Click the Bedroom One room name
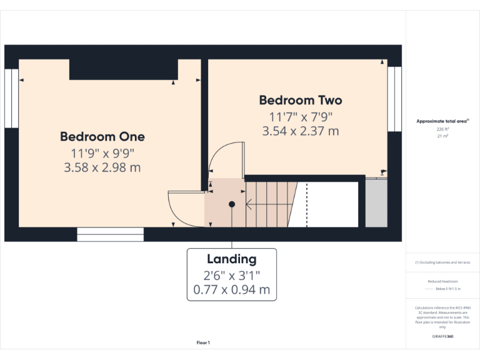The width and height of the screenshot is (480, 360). coord(102,136)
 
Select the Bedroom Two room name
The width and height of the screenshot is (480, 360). coord(301,100)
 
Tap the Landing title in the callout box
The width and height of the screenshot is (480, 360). coord(231,259)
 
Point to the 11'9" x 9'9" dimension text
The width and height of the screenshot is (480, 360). coord(102,152)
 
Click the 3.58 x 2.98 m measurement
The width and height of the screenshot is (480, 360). coord(102,167)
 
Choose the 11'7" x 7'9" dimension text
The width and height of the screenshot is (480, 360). coord(301,116)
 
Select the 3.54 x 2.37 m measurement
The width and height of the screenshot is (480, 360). coord(301,131)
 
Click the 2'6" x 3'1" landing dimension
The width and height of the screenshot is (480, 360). coord(231,275)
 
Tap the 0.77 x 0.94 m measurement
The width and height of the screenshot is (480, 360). coord(231,290)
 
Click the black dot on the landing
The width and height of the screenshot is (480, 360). coord(232,204)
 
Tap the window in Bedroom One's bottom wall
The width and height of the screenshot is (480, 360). coord(111,234)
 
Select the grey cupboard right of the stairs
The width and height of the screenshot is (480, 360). coord(376,204)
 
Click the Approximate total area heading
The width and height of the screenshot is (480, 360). coord(442,121)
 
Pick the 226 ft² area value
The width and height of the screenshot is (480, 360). coord(442,129)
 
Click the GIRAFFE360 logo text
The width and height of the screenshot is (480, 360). coord(442,337)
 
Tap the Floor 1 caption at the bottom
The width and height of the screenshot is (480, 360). coord(203,342)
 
